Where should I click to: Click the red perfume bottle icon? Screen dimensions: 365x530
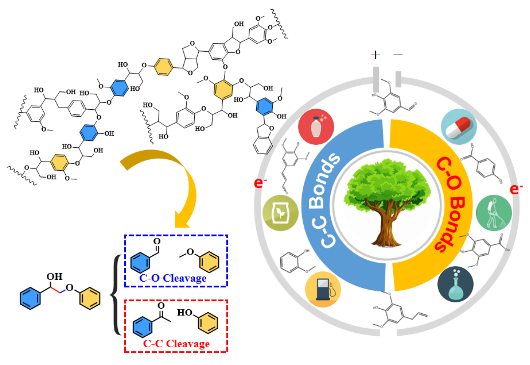316,127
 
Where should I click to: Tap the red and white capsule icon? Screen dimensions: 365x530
459,127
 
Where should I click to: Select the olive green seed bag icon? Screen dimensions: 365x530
280,213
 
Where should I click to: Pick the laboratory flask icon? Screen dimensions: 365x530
455,284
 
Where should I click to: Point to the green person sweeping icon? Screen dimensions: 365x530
494,213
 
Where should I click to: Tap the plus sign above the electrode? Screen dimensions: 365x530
375,55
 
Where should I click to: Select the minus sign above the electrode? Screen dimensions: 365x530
398,55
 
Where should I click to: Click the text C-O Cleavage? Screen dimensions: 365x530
173,278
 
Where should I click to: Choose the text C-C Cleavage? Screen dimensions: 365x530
176,344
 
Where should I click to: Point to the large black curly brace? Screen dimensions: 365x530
116,295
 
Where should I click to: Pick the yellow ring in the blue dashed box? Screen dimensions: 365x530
209,262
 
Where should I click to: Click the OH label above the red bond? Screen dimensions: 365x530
54,277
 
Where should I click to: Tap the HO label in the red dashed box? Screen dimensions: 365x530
184,313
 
